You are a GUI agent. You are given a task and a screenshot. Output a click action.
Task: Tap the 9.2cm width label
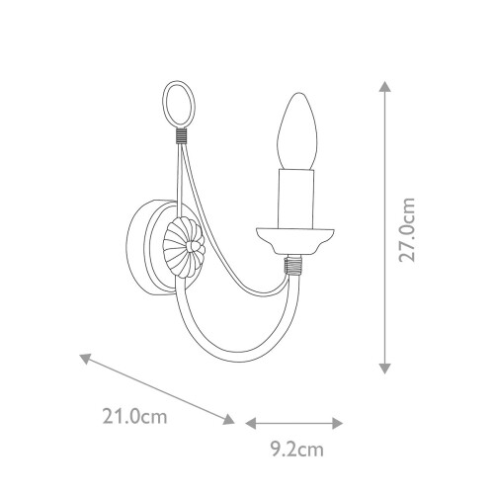point(298,451)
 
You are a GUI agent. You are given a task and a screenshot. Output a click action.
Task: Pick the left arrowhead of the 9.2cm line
point(249,422)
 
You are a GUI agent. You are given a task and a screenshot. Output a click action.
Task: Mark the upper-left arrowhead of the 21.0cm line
point(85,357)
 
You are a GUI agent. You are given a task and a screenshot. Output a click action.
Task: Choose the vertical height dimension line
point(383,227)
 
